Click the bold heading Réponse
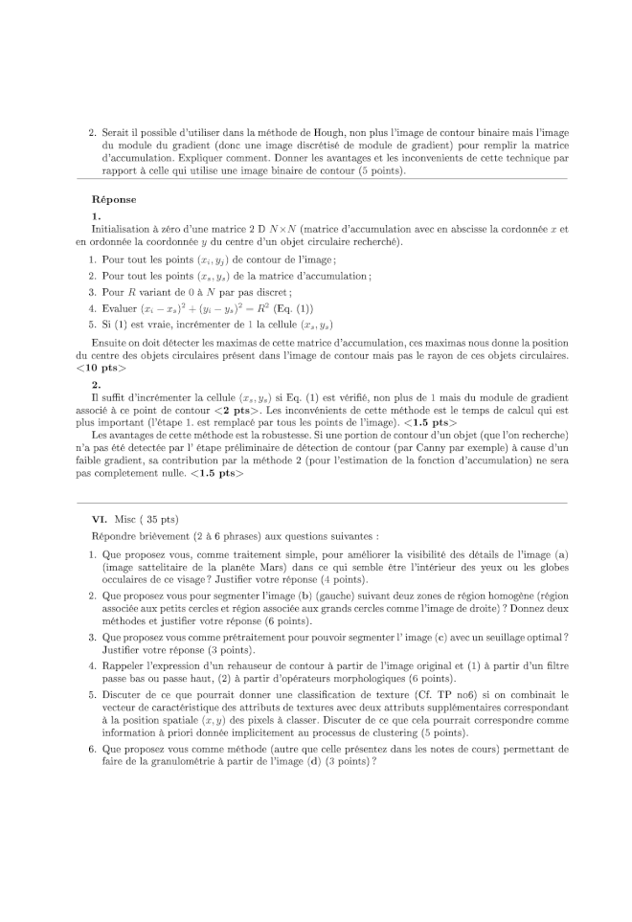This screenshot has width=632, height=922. coord(113,200)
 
